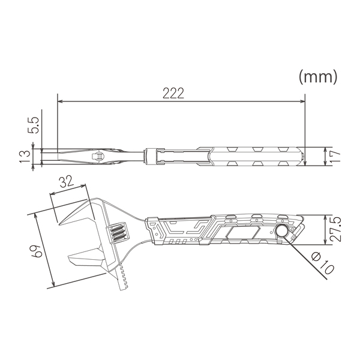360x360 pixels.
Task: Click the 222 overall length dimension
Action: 173,93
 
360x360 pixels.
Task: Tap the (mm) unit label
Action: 318,77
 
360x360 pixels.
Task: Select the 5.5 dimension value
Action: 33,125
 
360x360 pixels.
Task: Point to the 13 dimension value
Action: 25,157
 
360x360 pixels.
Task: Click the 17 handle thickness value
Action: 335,156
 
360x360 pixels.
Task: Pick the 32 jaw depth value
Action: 67,182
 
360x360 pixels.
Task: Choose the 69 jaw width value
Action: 36,251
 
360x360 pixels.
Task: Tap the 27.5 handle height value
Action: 335,229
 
